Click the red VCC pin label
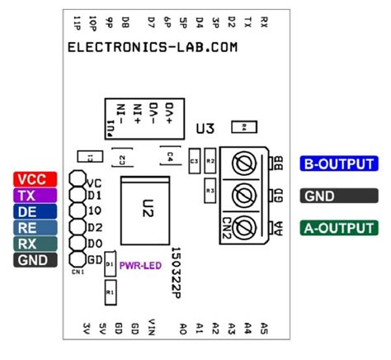click(35, 179)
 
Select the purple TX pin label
click(35, 196)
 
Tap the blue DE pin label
click(35, 211)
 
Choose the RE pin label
click(35, 227)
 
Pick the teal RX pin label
click(35, 244)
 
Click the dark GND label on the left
click(35, 260)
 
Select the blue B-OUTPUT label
click(338, 164)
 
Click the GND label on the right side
click(338, 196)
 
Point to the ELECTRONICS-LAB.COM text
click(153, 49)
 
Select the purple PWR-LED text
click(140, 266)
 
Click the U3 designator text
click(205, 128)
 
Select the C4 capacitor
click(169, 155)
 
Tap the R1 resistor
click(111, 290)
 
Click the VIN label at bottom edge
click(152, 327)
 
